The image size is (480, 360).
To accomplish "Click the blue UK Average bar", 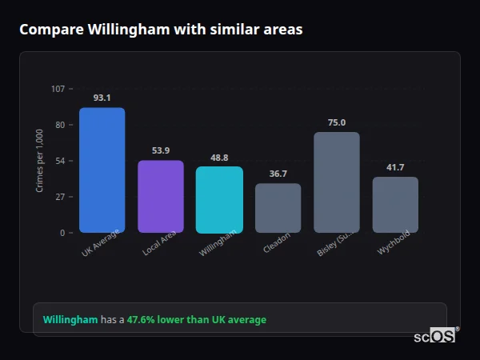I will click(x=102, y=170).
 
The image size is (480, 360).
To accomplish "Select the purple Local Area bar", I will click(x=161, y=196).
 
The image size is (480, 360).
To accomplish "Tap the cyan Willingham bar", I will click(x=219, y=199).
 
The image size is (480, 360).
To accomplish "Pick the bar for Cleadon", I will click(x=278, y=208).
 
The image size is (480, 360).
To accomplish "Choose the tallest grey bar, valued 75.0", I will click(x=337, y=182).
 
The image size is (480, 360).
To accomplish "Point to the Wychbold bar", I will click(x=395, y=205).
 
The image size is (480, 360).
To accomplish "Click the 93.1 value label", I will click(x=102, y=98).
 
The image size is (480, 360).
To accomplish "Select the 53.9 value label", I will click(x=161, y=150).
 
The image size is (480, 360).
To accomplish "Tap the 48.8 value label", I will click(x=219, y=158).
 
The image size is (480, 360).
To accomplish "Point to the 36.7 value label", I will click(x=278, y=174).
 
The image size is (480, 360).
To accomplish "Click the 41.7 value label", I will click(x=395, y=167).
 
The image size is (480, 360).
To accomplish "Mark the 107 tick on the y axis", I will click(x=58, y=89).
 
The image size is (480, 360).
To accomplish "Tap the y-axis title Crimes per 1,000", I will click(x=40, y=161).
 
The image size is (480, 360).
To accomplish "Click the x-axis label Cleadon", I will click(x=277, y=243).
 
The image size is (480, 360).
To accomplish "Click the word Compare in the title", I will click(x=49, y=30).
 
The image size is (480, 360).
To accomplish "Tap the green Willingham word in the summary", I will click(x=70, y=320).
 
